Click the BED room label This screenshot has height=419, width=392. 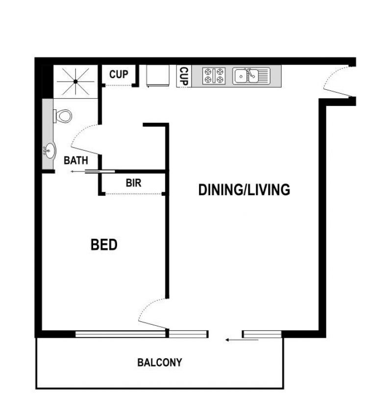(x=104, y=244)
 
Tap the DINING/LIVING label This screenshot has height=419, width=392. (x=244, y=189)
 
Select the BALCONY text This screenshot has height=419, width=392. (x=160, y=363)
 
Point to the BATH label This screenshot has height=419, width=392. (x=76, y=160)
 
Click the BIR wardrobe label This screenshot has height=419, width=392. (x=133, y=183)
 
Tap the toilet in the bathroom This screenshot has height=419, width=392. (x=63, y=116)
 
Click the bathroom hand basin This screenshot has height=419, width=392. (x=49, y=151)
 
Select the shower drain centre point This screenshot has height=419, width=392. (x=76, y=81)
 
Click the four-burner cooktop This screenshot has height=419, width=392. (x=214, y=76)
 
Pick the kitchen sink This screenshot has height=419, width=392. (x=251, y=76)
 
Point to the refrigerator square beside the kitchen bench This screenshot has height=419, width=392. (x=158, y=76)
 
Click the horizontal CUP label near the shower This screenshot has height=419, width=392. (x=119, y=74)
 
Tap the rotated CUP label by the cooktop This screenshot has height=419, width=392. (x=184, y=76)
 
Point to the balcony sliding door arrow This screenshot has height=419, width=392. (x=242, y=340)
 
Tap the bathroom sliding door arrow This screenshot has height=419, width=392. (x=85, y=172)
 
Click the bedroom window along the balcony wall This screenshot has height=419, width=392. (x=121, y=334)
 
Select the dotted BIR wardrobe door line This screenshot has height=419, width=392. (x=134, y=194)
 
